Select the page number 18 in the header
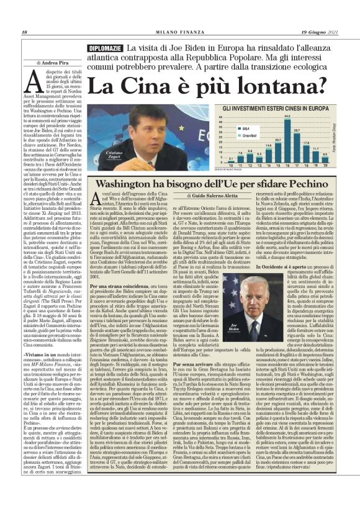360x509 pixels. tap(24, 32)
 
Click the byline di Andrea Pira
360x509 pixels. tap(54, 63)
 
